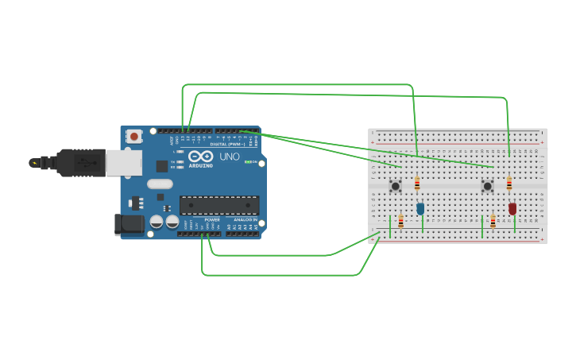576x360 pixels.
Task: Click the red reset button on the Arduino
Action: [134, 136]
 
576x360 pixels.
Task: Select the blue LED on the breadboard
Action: [420, 209]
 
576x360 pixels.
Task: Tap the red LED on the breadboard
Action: [512, 209]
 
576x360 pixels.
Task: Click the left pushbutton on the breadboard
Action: [395, 186]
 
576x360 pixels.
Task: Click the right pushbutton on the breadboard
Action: [487, 186]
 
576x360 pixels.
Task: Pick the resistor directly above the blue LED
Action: [417, 184]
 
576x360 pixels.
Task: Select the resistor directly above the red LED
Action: [509, 184]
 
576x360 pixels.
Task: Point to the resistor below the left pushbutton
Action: [400, 222]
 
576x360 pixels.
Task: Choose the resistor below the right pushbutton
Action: [493, 222]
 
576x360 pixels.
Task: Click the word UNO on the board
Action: [230, 157]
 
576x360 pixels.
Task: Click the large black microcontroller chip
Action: [218, 205]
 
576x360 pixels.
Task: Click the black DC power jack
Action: [129, 225]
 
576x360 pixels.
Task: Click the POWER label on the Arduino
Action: [212, 219]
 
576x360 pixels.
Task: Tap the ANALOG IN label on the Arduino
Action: [243, 219]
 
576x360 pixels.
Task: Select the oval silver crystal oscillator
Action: [160, 184]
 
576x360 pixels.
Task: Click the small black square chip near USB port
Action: [162, 166]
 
